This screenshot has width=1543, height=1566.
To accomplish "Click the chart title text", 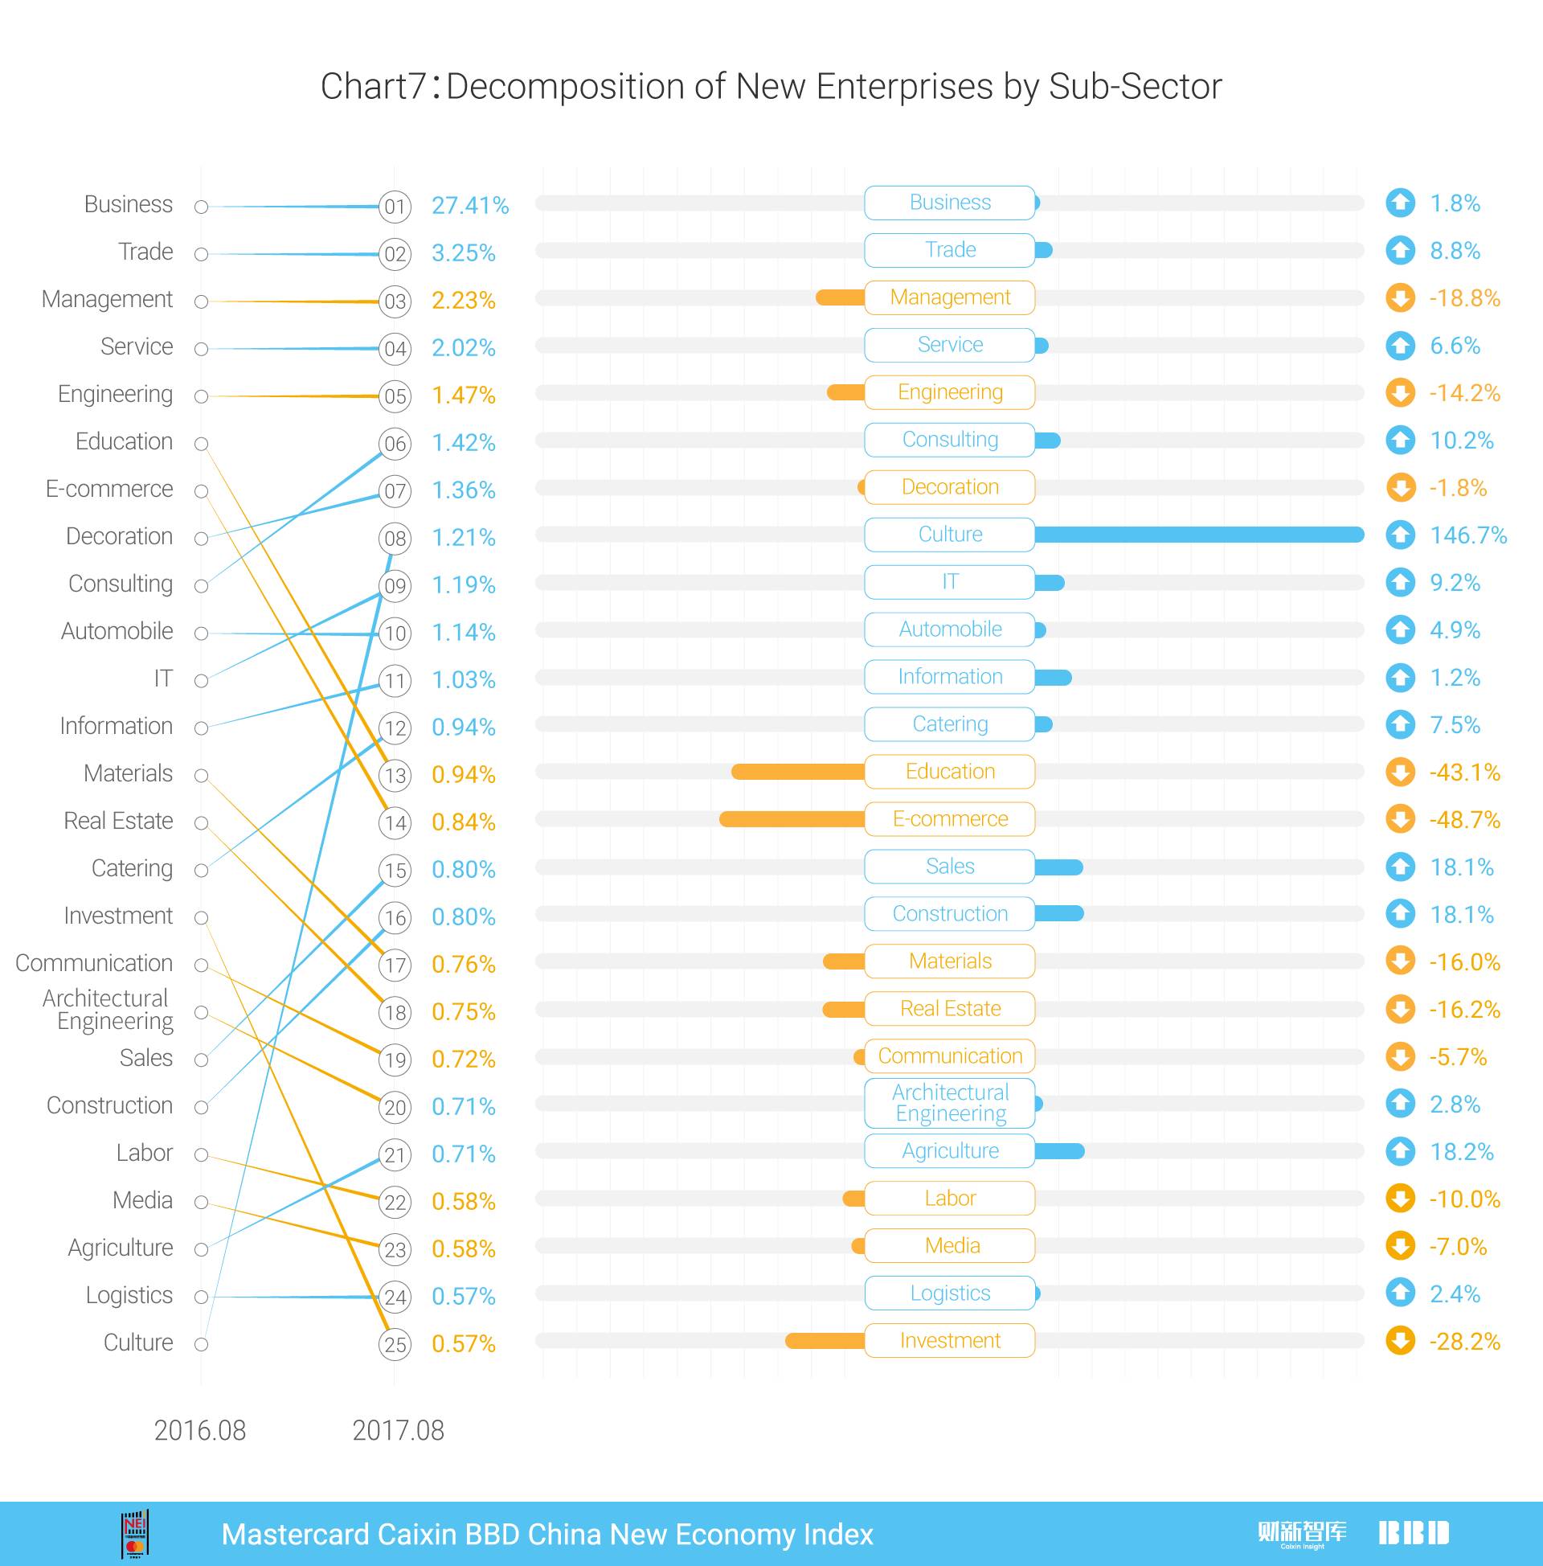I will pos(771,87).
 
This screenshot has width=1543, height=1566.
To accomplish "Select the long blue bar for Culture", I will pos(1198,534).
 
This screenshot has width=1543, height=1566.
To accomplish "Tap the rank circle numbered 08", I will pos(395,538).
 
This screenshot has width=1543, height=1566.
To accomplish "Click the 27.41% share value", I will pos(470,206).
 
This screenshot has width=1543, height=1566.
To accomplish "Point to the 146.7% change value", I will pos(1467,535).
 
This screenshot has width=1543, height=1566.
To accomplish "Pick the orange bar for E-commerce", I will pos(792,819).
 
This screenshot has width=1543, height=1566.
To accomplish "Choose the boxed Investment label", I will pos(950,1341).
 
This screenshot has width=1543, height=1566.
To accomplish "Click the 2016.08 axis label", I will pos(199,1431).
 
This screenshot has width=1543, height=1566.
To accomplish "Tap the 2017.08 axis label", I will pos(398,1431).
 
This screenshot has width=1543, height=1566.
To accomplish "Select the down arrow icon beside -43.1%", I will pos(1401,772).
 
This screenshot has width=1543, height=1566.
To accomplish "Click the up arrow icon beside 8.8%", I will pos(1401,251).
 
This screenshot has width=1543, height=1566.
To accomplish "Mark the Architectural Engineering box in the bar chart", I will pos(950,1103).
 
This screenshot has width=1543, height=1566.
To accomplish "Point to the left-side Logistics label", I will pos(129,1295).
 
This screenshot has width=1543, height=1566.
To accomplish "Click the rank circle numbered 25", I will pos(395,1345).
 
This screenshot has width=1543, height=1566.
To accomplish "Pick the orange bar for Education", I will pos(797,772).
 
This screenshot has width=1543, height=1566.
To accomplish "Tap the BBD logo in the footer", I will pos(1414,1533).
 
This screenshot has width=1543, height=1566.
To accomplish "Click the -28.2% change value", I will pos(1464,1342).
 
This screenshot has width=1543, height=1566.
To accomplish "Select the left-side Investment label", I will pos(118,916).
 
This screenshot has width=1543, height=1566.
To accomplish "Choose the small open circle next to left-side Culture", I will pos(202,1345).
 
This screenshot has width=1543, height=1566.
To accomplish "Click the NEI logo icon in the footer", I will pos(134,1535).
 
